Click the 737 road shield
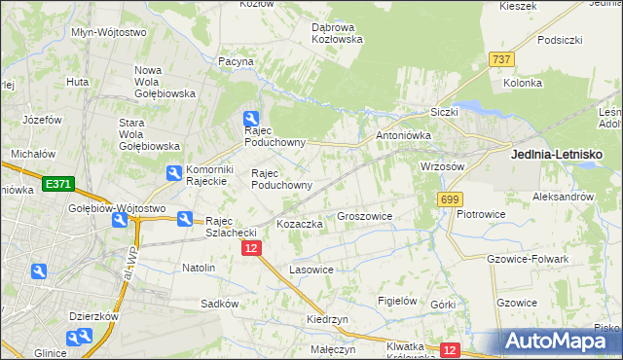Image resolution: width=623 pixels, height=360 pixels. (502, 59)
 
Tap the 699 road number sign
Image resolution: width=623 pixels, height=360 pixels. (449, 199)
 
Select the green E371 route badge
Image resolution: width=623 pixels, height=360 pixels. (57, 183)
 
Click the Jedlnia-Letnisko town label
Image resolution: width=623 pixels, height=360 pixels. (557, 155)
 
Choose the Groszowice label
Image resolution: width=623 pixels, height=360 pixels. (364, 216)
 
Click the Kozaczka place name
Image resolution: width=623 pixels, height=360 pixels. (300, 224)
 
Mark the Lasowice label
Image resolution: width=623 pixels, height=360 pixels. (311, 270)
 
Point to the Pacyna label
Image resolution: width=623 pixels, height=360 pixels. (236, 61)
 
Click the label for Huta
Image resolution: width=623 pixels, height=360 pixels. (78, 82)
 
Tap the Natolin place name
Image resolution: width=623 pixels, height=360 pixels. (199, 267)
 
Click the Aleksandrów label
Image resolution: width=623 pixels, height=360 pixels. (563, 197)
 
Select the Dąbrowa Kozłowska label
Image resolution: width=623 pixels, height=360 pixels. (337, 33)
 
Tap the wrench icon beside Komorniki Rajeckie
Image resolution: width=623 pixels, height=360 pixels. (173, 174)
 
